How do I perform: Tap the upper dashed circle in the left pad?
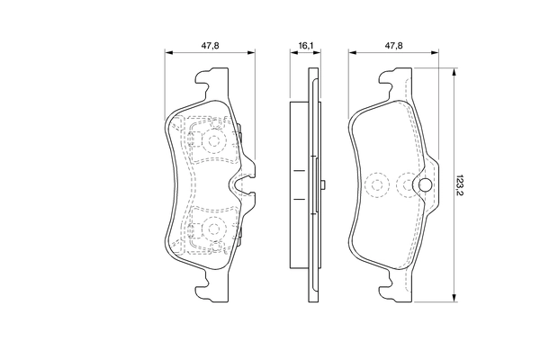pyautogui.click(x=214, y=141)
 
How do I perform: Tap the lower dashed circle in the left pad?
pyautogui.click(x=214, y=229)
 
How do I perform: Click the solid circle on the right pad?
pyautogui.click(x=423, y=185)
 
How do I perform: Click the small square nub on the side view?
pyautogui.click(x=321, y=185)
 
